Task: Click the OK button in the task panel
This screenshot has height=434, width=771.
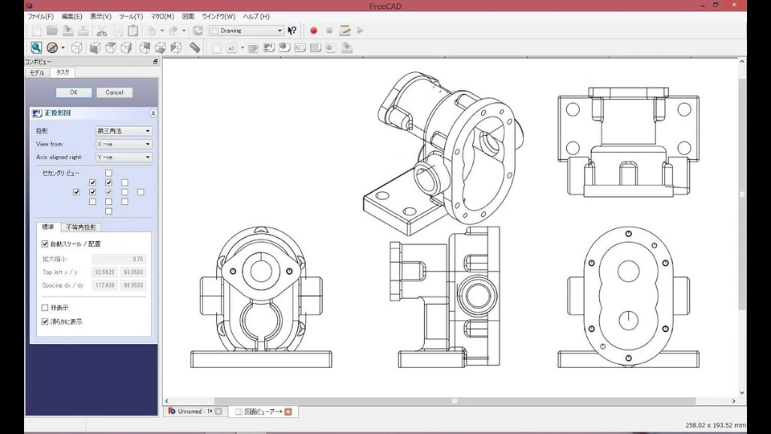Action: click(x=74, y=92)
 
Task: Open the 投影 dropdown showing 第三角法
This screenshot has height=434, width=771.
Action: click(x=124, y=131)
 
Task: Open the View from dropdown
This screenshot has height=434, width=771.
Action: click(x=124, y=144)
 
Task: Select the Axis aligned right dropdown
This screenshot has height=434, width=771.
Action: click(x=124, y=158)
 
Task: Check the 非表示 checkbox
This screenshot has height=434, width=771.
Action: click(x=45, y=308)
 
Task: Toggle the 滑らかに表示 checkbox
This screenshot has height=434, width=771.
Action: click(x=45, y=321)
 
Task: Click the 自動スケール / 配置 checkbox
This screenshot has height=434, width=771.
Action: click(x=45, y=244)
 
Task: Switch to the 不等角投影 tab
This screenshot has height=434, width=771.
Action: click(x=83, y=227)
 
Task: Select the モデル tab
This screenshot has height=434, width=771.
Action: click(x=38, y=72)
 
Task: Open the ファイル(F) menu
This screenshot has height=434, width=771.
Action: click(x=40, y=16)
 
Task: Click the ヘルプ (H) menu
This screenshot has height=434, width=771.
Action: click(x=256, y=16)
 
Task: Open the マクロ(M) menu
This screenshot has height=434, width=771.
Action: click(x=162, y=16)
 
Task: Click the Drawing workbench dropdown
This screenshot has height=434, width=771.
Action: click(x=246, y=31)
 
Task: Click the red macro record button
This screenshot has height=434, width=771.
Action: click(x=313, y=31)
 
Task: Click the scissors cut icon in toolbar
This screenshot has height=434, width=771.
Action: click(x=102, y=31)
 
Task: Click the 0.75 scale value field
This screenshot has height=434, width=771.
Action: click(x=118, y=259)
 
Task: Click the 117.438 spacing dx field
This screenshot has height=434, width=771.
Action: click(x=104, y=285)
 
